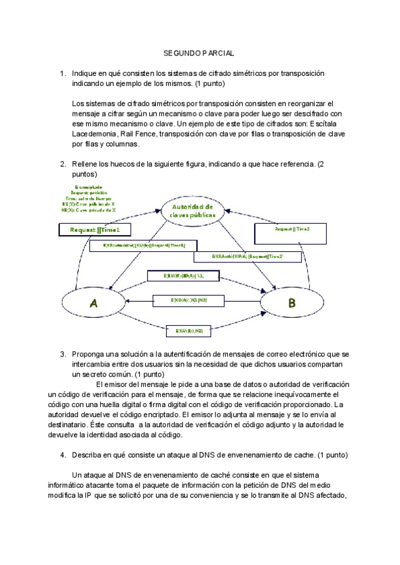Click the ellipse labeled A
pos(93,303)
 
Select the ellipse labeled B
pos(291,304)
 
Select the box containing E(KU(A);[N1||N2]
pos(189,300)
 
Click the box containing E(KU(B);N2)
pos(189,330)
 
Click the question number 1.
pos(63,73)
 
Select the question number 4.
pos(63,454)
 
